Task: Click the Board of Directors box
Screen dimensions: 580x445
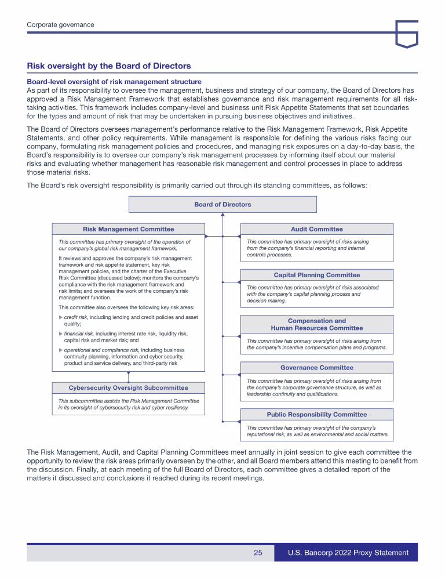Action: pos(222,204)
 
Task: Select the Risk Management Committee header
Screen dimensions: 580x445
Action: pos(128,229)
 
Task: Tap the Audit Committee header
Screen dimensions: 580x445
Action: pos(316,229)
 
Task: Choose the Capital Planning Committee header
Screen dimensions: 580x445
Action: pos(316,275)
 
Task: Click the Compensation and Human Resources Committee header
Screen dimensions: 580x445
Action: pos(316,324)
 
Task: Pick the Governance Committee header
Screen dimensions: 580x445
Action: pos(316,368)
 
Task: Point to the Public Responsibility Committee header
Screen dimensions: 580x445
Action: pos(316,415)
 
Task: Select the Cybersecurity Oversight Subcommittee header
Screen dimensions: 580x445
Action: pos(128,387)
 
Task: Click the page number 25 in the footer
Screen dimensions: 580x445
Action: pos(258,553)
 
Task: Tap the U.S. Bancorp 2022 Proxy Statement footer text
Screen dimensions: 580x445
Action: pos(348,553)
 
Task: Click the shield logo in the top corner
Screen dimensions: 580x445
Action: pos(407,33)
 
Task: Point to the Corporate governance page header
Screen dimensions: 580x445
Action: pos(60,24)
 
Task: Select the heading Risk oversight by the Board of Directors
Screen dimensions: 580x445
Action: pos(109,66)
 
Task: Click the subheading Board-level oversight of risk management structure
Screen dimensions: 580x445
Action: pos(114,82)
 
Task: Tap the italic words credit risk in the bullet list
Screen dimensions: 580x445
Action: pos(76,317)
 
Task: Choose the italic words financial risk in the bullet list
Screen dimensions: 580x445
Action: pos(79,333)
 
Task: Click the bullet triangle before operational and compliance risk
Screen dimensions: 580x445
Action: pos(61,350)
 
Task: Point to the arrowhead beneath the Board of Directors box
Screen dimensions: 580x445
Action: pos(222,215)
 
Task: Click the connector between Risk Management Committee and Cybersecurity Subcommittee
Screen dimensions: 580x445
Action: pos(128,376)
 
